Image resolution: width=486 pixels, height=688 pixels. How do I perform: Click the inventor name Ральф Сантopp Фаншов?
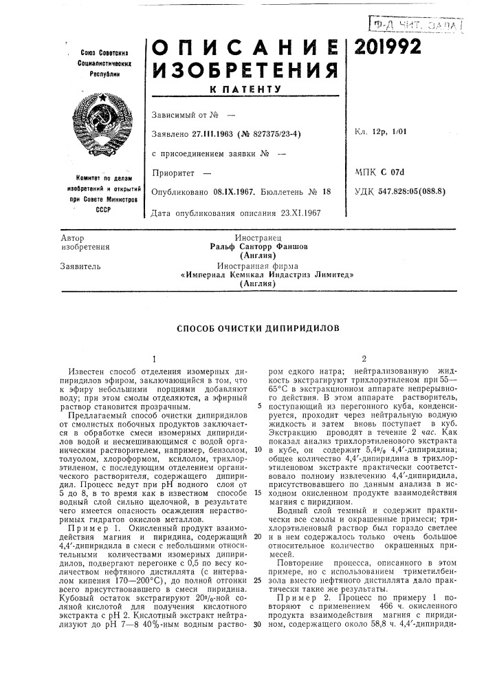(x=258, y=246)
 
